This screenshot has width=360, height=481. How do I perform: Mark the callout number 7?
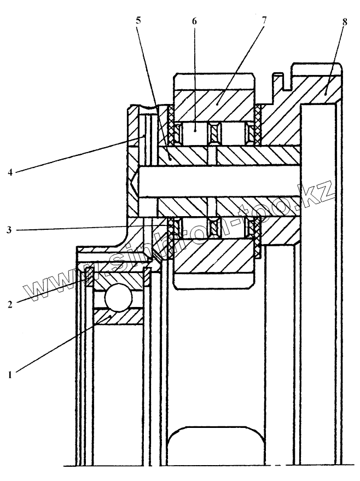coord(264,21)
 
